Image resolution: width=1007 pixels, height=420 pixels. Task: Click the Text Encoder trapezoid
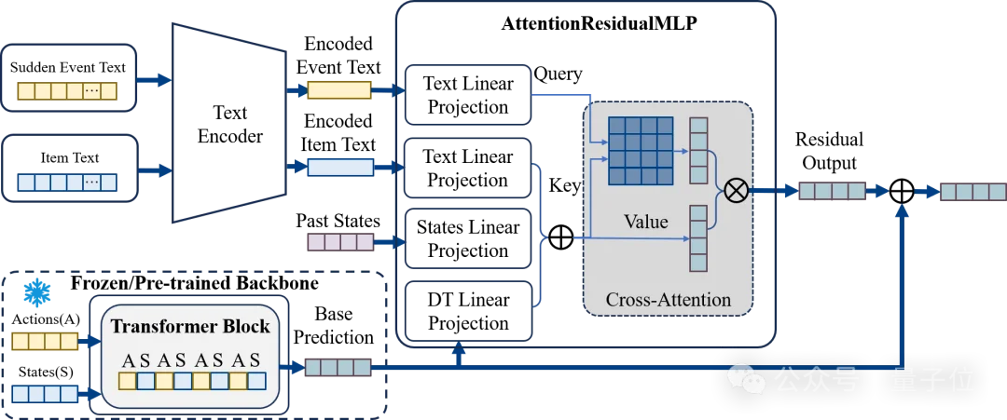pos(229,123)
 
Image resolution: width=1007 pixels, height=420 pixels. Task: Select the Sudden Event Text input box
pos(69,77)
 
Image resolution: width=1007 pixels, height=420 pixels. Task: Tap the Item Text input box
pos(69,168)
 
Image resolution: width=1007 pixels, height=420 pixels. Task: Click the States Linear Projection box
pos(468,237)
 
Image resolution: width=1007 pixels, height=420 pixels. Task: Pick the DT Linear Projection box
pos(468,311)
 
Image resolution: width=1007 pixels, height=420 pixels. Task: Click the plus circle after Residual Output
pos(903,191)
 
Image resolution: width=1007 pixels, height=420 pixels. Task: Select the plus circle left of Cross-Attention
pos(560,238)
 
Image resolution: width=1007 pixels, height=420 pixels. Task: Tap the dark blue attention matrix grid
pos(641,150)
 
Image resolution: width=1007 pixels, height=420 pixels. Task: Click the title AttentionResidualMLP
pos(599,24)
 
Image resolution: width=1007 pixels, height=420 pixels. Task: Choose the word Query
pos(558,75)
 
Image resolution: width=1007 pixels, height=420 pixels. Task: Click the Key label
pos(564,186)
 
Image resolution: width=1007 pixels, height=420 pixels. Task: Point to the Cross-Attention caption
pos(668,300)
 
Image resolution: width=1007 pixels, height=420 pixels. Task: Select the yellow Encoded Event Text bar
pos(339,89)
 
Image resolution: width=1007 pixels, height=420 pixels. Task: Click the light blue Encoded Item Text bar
pos(340,168)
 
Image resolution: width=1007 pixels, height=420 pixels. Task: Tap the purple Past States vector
pos(340,242)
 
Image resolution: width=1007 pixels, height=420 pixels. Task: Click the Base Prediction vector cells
pos(338,367)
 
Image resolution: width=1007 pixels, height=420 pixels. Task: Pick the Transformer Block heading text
pos(191,326)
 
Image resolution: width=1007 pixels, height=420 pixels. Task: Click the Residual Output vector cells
pos(833,191)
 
